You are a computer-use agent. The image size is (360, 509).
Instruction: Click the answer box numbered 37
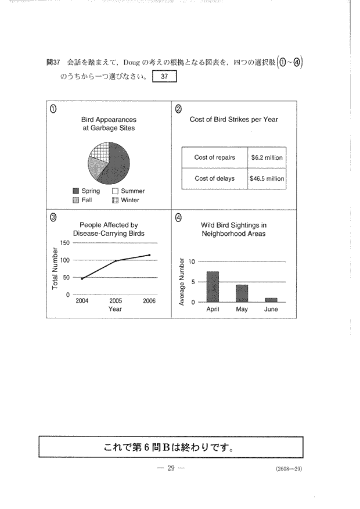click(x=164, y=77)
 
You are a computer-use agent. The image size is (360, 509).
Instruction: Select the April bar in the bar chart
click(x=213, y=286)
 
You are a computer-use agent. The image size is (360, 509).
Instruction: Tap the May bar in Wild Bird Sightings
click(x=242, y=293)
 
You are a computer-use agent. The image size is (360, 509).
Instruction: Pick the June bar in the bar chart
click(x=271, y=300)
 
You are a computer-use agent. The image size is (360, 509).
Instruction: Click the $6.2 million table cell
click(x=267, y=157)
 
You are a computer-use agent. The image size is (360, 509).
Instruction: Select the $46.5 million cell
click(x=267, y=178)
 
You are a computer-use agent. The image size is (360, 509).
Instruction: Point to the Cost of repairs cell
click(x=214, y=157)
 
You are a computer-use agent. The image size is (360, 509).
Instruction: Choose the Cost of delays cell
click(x=214, y=178)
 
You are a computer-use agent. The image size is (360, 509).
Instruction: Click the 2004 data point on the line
click(x=82, y=279)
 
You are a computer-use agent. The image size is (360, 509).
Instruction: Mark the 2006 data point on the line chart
click(x=149, y=255)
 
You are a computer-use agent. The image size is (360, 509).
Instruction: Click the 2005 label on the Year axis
click(x=116, y=301)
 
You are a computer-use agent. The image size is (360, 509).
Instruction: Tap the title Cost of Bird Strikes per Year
click(x=234, y=120)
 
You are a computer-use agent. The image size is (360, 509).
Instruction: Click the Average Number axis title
click(x=182, y=282)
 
